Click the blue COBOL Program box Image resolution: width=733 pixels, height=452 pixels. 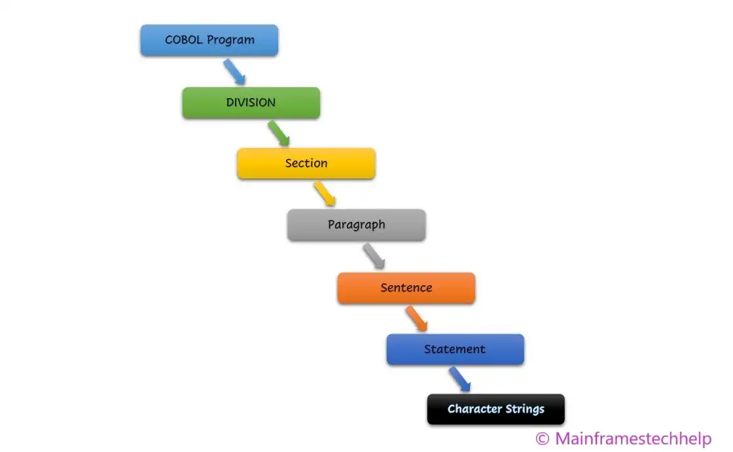tap(209, 40)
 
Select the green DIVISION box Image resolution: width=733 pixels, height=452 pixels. tap(251, 103)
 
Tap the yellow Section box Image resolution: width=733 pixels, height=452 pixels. tap(306, 164)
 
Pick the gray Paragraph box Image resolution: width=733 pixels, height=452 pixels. tap(356, 225)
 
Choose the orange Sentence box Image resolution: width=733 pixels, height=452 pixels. tap(406, 288)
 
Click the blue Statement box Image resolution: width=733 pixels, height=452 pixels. tap(455, 349)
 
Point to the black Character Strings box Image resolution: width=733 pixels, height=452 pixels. tap(495, 409)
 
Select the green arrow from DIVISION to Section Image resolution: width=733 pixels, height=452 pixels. tap(279, 133)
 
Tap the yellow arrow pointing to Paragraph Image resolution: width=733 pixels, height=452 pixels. tap(325, 194)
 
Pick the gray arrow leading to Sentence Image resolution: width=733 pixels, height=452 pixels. tap(374, 256)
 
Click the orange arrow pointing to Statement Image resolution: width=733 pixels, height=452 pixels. tap(416, 319)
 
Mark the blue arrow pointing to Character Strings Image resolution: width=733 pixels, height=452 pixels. tap(459, 379)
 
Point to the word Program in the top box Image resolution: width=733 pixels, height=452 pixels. tap(231, 41)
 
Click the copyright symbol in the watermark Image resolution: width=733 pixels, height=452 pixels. tap(543, 438)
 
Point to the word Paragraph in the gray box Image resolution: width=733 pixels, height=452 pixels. tap(356, 225)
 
